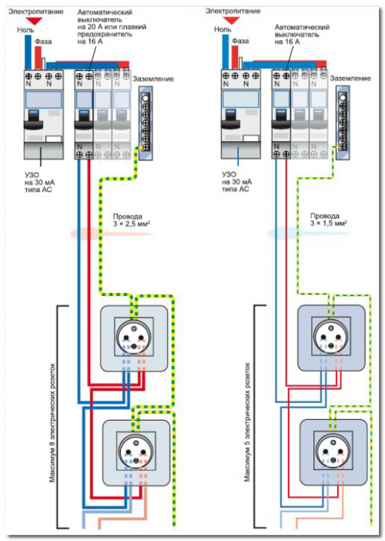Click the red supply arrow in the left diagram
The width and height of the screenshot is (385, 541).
(x=35, y=20)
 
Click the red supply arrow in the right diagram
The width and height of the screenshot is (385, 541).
(x=232, y=20)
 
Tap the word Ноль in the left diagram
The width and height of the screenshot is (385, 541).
(x=25, y=30)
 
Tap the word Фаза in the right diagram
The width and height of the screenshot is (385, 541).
(x=240, y=41)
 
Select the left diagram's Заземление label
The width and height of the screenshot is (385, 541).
(x=153, y=79)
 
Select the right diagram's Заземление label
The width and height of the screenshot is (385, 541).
(x=350, y=79)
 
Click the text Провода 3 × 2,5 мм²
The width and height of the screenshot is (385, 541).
(x=132, y=220)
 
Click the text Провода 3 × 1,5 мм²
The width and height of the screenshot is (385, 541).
(x=329, y=220)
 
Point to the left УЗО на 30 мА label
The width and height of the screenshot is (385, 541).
(x=39, y=182)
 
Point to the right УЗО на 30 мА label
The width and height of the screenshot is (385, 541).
(x=237, y=181)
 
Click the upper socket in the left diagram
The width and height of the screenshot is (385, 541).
(x=135, y=338)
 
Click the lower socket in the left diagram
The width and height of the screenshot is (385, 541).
(x=136, y=452)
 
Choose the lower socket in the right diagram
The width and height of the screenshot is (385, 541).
(x=333, y=452)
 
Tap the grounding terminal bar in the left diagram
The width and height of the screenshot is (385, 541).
(x=146, y=123)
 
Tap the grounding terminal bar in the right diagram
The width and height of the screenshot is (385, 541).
(x=343, y=123)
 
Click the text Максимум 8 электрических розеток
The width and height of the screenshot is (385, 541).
(x=52, y=422)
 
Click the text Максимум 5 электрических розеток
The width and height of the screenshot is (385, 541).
(x=247, y=422)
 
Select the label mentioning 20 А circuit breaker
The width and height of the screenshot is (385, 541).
(x=112, y=27)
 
